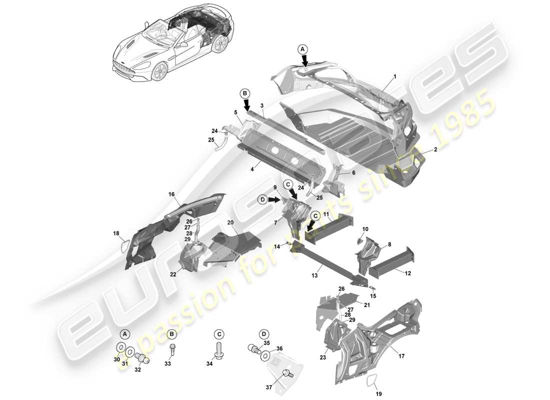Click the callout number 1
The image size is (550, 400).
(394, 76)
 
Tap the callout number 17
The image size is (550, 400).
(401, 356)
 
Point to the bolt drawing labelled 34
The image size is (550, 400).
(219, 348)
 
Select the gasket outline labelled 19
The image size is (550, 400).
(370, 381)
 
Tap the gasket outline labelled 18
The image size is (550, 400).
(125, 247)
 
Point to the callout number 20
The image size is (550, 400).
(230, 222)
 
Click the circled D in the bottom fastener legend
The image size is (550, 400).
(263, 334)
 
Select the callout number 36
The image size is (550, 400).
(279, 348)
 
